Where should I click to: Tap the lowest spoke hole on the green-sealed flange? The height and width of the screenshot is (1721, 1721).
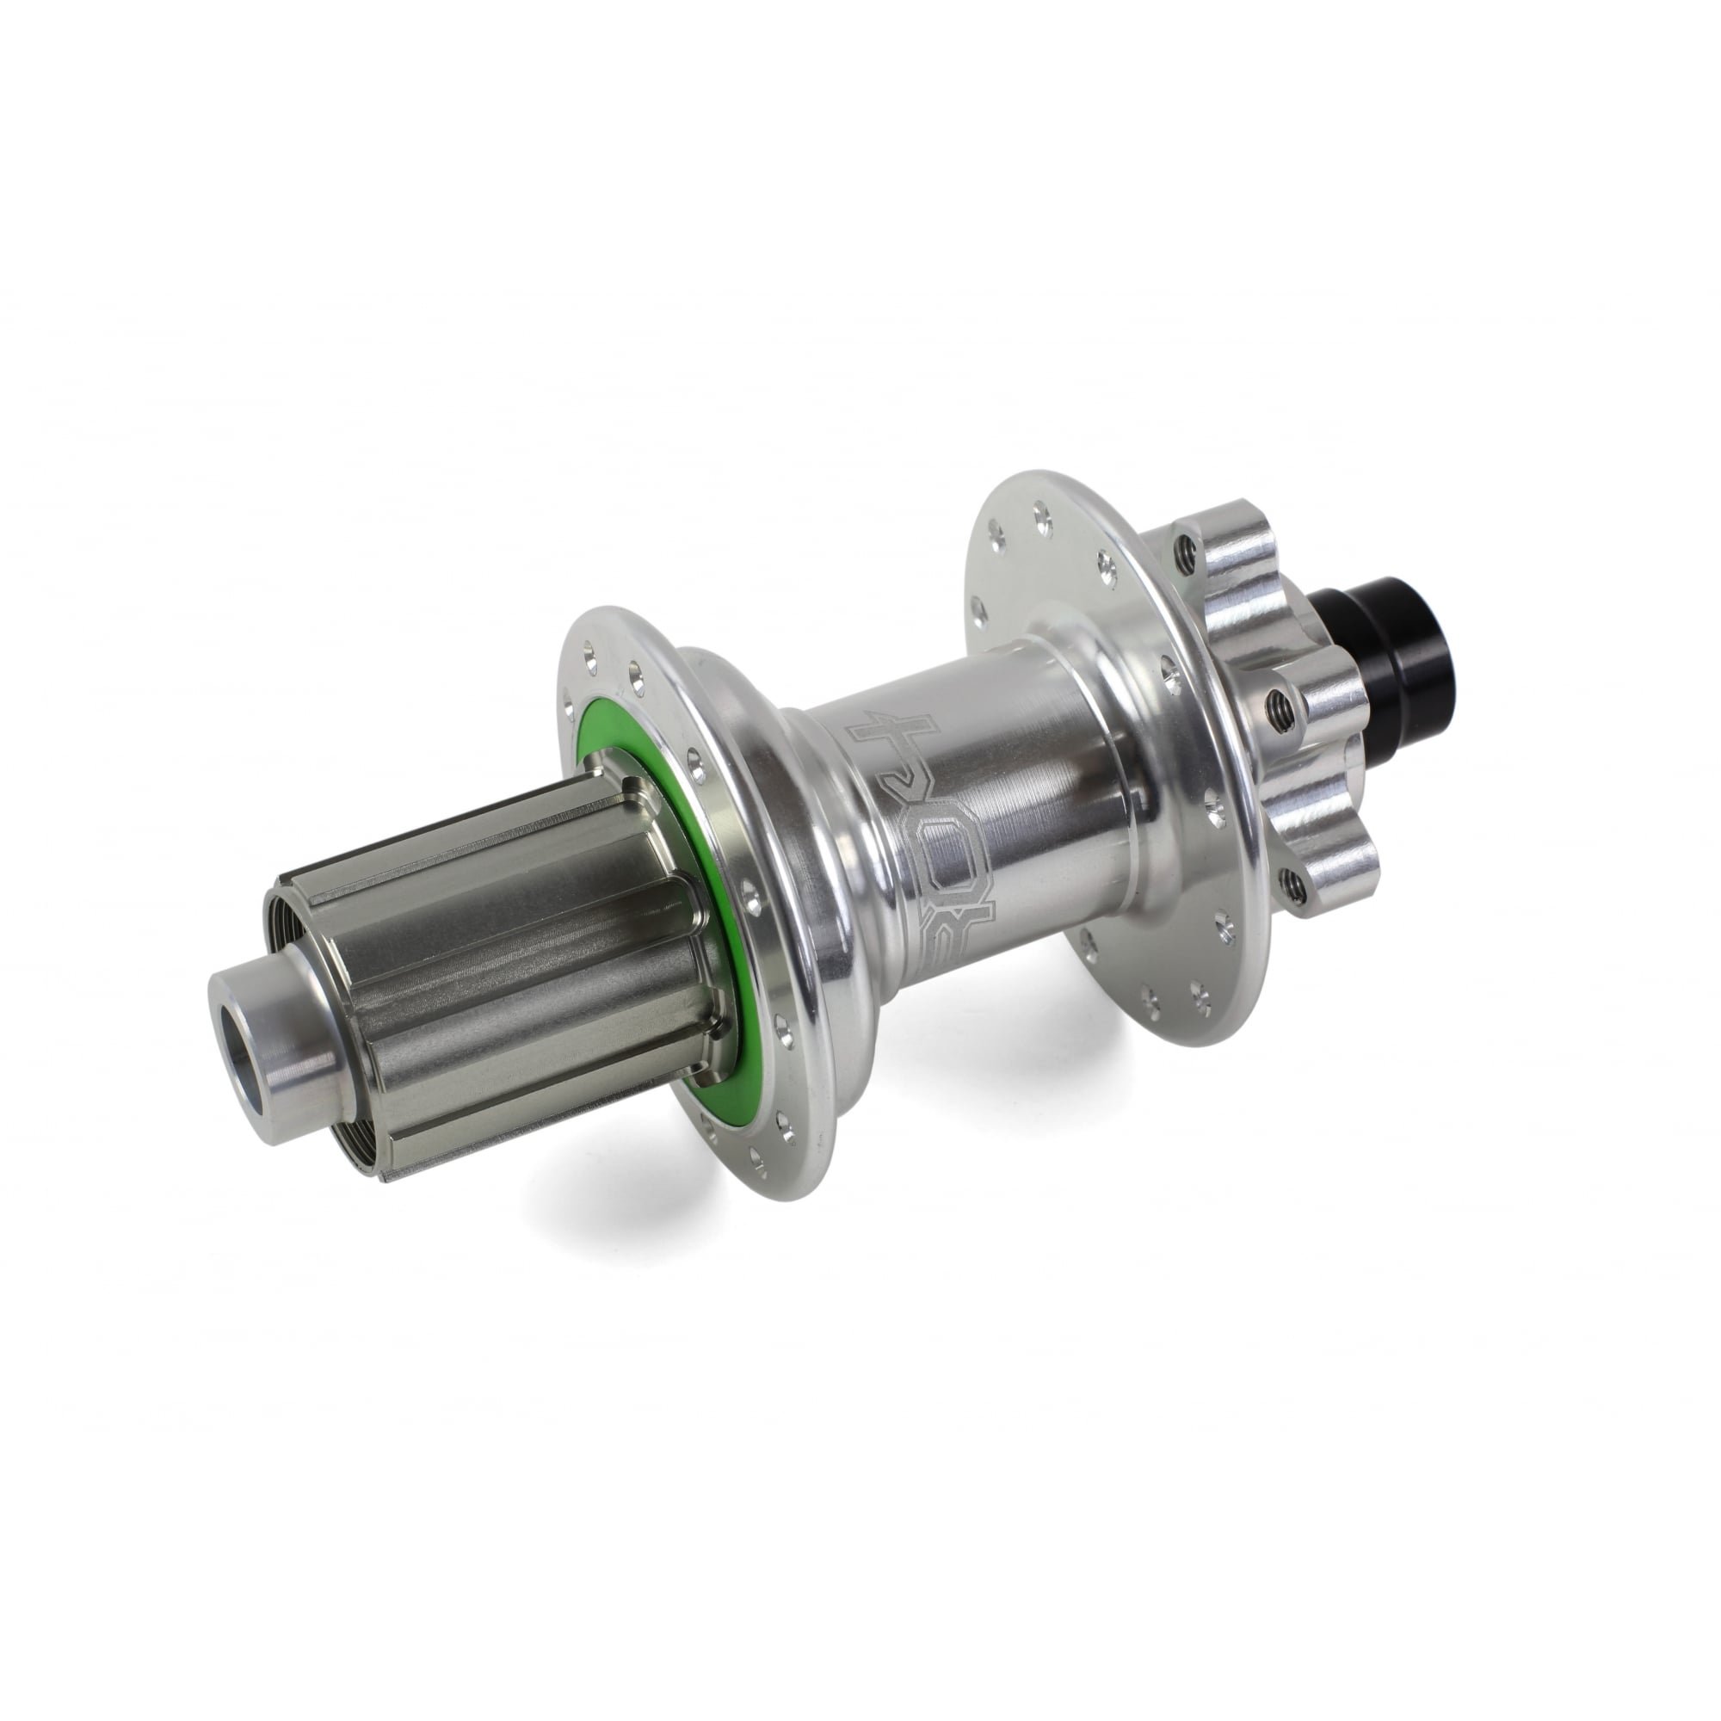pos(757,1159)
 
